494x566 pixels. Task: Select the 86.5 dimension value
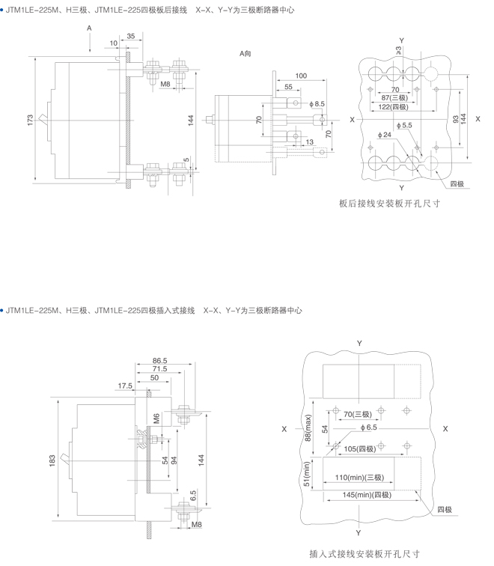click(159, 361)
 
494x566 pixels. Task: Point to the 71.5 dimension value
click(159, 370)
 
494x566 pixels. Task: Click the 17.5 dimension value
click(125, 386)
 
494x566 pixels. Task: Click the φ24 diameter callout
click(385, 134)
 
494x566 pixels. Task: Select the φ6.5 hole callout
click(368, 427)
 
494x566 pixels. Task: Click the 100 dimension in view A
click(301, 76)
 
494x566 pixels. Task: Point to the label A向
click(246, 54)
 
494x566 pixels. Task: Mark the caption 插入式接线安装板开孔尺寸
click(364, 554)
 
